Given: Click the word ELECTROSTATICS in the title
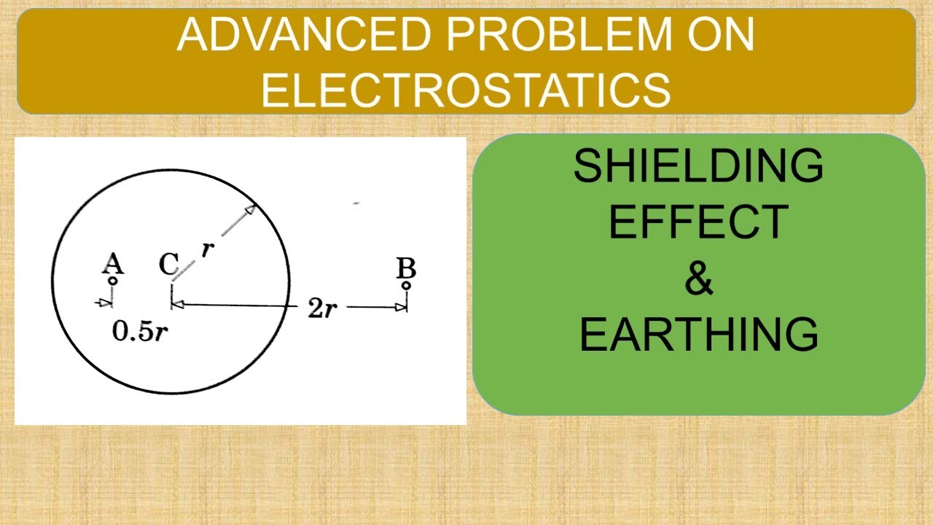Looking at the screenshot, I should click(x=466, y=89).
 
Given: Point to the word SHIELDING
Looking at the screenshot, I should click(x=698, y=166).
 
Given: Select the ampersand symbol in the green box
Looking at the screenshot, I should click(x=698, y=279).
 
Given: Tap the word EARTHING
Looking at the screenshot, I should click(x=698, y=335).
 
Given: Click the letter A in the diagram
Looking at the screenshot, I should click(x=112, y=263).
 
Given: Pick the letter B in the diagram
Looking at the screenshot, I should click(x=406, y=268).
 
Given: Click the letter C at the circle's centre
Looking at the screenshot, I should click(x=168, y=265).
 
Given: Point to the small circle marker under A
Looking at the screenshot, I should click(x=112, y=280).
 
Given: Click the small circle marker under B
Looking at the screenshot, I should click(x=406, y=285).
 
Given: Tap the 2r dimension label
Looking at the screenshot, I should click(x=321, y=308).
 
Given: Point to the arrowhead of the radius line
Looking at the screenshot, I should click(x=250, y=211).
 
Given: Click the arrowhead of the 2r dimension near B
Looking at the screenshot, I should click(x=400, y=308).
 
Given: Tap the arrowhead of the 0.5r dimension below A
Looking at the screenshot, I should click(x=106, y=300).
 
